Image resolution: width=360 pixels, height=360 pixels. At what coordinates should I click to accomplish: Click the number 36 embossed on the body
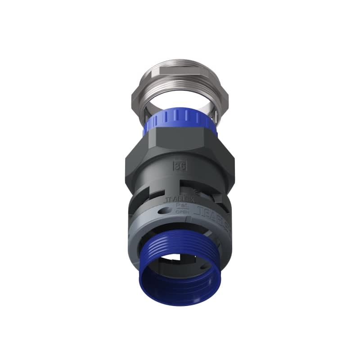pos(180,166)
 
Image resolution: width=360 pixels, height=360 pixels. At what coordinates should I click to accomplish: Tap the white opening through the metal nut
pos(180,100)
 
